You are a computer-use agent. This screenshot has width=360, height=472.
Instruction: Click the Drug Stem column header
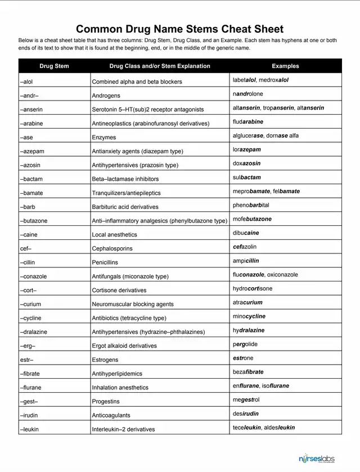(55, 66)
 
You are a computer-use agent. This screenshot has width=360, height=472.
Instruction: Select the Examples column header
(285, 66)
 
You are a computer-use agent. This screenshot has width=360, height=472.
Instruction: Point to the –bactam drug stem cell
(31, 179)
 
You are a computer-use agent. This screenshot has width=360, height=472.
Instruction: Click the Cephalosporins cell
(112, 248)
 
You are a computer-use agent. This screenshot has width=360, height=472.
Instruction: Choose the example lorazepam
(246, 150)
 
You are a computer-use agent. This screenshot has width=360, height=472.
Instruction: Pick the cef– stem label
(25, 248)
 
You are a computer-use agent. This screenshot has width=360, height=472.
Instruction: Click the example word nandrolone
(247, 94)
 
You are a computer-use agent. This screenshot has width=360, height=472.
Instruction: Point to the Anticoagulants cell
(111, 415)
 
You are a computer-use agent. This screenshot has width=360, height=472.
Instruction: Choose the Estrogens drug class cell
(105, 360)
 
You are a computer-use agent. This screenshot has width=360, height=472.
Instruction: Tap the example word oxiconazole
(282, 275)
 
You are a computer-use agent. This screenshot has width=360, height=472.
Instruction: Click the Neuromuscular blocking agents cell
(133, 304)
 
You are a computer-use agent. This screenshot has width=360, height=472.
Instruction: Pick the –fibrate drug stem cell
(30, 374)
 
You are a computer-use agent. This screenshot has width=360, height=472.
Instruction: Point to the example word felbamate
(286, 192)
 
